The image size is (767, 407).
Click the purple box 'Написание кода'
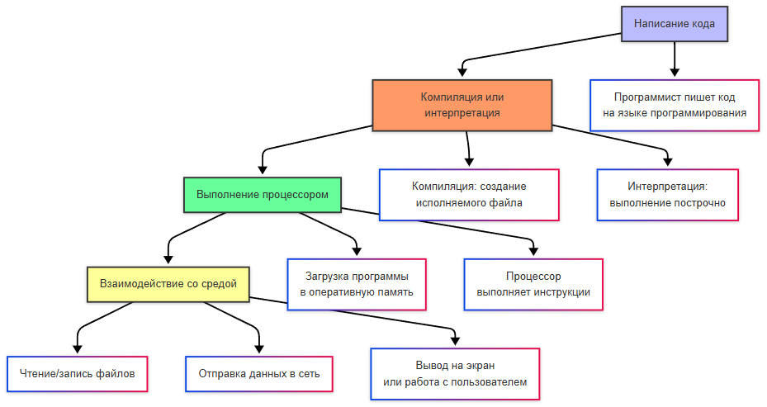(x=675, y=23)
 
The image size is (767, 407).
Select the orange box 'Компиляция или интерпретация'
(x=462, y=104)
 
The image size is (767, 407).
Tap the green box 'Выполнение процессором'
(x=263, y=195)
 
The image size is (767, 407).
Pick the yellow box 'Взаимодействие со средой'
(x=168, y=283)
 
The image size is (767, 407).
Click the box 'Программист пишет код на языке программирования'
(x=675, y=105)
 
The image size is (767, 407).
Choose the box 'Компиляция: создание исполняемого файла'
(x=468, y=194)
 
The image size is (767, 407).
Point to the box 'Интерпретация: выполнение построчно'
(x=667, y=194)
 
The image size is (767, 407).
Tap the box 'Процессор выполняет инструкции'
(x=533, y=284)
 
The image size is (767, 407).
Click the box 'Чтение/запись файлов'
(x=78, y=373)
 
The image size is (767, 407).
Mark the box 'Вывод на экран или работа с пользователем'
(x=455, y=373)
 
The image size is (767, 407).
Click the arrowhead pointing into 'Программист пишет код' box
(x=675, y=75)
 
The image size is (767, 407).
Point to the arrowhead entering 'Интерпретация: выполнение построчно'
(x=667, y=164)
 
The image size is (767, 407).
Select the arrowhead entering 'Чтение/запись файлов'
(x=78, y=350)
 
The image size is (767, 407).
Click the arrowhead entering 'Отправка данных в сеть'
(x=258, y=350)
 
